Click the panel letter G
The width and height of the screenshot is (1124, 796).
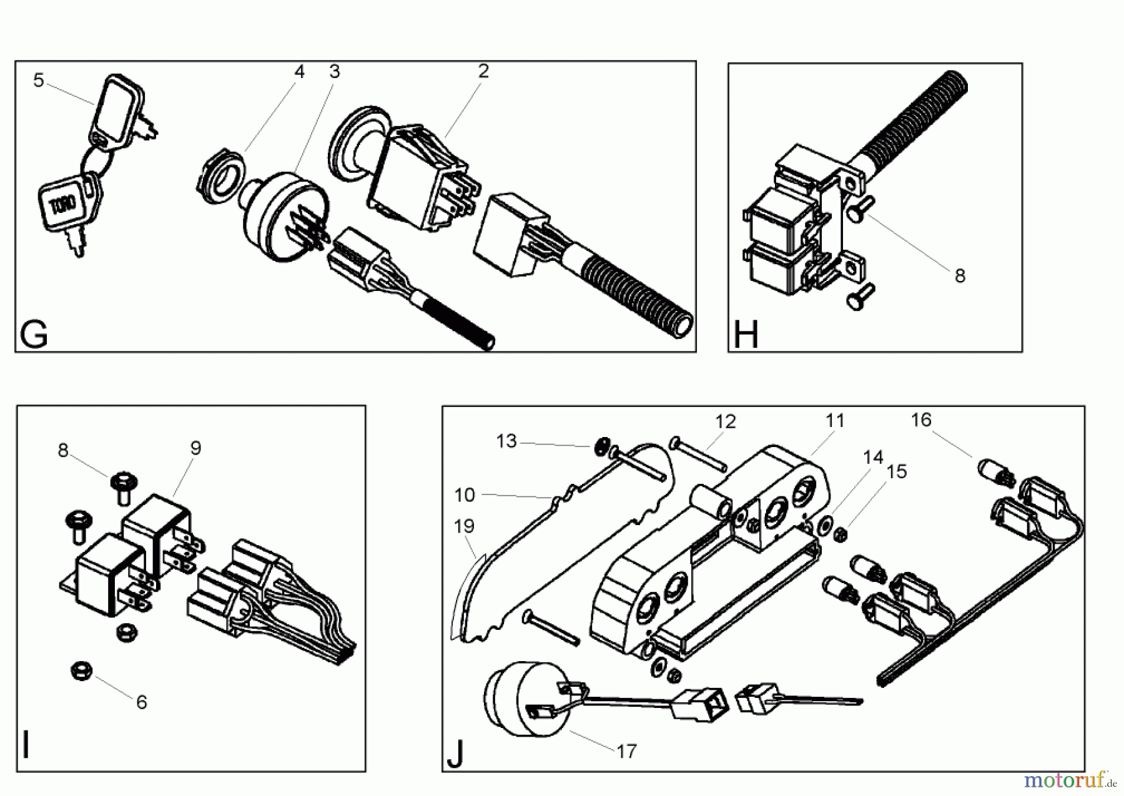point(34,335)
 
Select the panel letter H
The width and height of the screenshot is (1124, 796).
point(746,335)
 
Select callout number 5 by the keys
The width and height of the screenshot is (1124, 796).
point(39,81)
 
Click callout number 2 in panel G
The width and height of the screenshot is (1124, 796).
point(483,71)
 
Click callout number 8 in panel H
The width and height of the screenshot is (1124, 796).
point(960,275)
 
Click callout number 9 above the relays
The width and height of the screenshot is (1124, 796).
point(195,448)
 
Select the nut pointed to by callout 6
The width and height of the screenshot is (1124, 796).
point(82,672)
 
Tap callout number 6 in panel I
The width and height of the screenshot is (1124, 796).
point(142,702)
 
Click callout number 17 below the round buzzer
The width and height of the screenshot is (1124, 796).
point(626,751)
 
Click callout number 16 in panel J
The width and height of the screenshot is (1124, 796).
point(921,420)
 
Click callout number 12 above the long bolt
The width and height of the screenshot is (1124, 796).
point(726,422)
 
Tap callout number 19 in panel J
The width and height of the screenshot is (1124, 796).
point(464,526)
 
